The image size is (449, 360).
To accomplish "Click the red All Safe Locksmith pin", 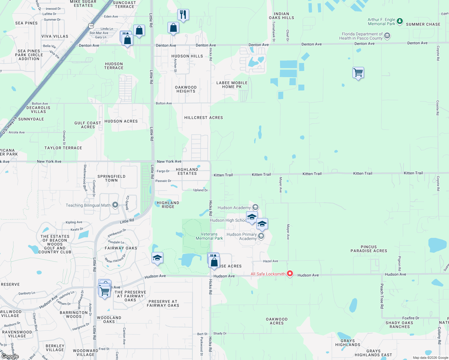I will [290, 273].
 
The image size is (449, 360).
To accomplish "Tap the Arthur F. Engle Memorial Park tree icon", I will [399, 21].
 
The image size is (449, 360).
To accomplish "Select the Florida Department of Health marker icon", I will [387, 36].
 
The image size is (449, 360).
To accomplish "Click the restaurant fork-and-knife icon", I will [183, 14].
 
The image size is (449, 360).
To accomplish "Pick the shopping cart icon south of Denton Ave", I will [358, 72].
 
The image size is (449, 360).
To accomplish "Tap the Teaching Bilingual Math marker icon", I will [115, 205].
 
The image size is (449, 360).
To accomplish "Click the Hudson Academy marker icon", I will [255, 207].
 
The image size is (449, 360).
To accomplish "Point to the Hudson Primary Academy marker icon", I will [261, 236].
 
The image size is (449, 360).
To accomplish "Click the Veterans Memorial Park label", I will [209, 236].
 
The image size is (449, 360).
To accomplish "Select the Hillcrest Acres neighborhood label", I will [203, 118].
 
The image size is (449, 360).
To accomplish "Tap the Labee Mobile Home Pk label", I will [232, 85].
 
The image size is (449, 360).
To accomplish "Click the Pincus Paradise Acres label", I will [369, 249].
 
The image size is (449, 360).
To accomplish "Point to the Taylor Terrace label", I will [63, 148].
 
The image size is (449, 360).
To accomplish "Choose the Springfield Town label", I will [111, 178].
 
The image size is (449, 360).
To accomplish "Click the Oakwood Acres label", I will [277, 321].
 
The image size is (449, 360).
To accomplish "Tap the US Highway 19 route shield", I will [91, 26].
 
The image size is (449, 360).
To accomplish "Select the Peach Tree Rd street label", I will [382, 296].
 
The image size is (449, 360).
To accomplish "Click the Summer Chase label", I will [423, 24].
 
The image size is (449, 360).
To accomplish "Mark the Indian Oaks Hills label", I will [282, 16].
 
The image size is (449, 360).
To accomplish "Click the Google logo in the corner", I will [10, 356].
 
